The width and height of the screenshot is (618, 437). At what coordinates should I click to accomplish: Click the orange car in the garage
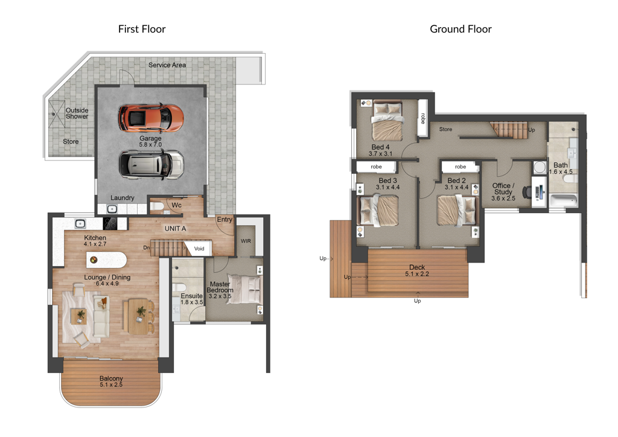pos(151,118)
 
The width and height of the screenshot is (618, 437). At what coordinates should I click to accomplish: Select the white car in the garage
pos(151,164)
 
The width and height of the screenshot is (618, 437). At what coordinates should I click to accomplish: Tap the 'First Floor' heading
pos(142,29)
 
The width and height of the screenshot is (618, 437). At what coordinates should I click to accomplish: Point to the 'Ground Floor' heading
pos(460,29)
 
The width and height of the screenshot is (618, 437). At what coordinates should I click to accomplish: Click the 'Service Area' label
pos(167,65)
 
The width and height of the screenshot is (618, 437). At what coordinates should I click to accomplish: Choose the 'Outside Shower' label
pos(77,113)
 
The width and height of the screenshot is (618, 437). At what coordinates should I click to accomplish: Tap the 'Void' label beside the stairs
pos(199,249)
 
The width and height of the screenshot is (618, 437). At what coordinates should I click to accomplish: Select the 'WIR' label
pos(246,241)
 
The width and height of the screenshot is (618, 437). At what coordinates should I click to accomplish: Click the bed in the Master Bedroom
pos(245,289)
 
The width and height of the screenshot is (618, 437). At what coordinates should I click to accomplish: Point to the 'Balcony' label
pos(111,378)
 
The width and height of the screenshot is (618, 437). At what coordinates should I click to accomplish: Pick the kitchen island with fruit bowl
pos(106,260)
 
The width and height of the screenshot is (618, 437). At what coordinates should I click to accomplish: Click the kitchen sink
pos(80,224)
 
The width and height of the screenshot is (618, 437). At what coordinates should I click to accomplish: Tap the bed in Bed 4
pos(387,121)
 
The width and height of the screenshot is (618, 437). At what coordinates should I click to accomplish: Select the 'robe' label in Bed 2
pos(460,167)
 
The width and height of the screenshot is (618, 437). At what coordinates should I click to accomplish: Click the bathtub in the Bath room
pos(564,200)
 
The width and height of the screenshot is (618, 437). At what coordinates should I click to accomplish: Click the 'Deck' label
pos(417,267)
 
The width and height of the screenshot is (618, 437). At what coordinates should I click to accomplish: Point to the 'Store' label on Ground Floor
pos(446,129)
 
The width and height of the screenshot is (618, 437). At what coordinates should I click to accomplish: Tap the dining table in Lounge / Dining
pos(138,317)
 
